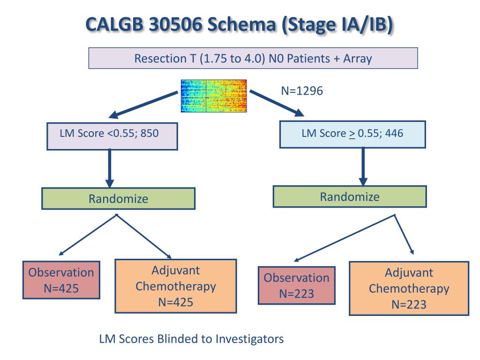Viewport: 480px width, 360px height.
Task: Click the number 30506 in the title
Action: pyautogui.click(x=175, y=24)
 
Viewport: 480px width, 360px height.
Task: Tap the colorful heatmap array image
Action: pyautogui.click(x=214, y=96)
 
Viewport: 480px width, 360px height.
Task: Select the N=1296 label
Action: pyautogui.click(x=302, y=91)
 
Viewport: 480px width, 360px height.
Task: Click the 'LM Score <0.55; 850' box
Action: pyautogui.click(x=112, y=136)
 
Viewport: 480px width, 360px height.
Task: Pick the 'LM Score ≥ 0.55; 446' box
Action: pyautogui.click(x=352, y=135)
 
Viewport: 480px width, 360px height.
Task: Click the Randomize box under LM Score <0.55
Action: pyautogui.click(x=118, y=198)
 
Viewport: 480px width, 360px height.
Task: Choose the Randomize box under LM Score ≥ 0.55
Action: pyautogui.click(x=350, y=196)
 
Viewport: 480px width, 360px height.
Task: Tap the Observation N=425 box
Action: pyautogui.click(x=61, y=280)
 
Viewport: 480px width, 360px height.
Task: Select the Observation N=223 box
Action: pyautogui.click(x=297, y=285)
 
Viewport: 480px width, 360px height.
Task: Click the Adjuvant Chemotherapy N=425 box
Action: pyautogui.click(x=176, y=286)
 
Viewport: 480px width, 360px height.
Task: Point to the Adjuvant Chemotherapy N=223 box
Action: pyautogui.click(x=409, y=288)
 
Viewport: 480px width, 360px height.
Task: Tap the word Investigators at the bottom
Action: pyautogui.click(x=250, y=339)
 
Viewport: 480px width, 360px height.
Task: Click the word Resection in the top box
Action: pyautogui.click(x=160, y=58)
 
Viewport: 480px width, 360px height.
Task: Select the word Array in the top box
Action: pyautogui.click(x=358, y=59)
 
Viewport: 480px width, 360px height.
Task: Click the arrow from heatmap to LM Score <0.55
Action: pyautogui.click(x=143, y=105)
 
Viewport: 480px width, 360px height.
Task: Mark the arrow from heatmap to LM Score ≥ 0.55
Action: pyautogui.click(x=277, y=103)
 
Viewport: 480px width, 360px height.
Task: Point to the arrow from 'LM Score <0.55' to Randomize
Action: pyautogui.click(x=110, y=168)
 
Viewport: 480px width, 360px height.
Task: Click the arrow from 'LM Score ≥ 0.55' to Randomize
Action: pyautogui.click(x=363, y=166)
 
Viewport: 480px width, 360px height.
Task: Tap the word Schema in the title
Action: pyautogui.click(x=242, y=24)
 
